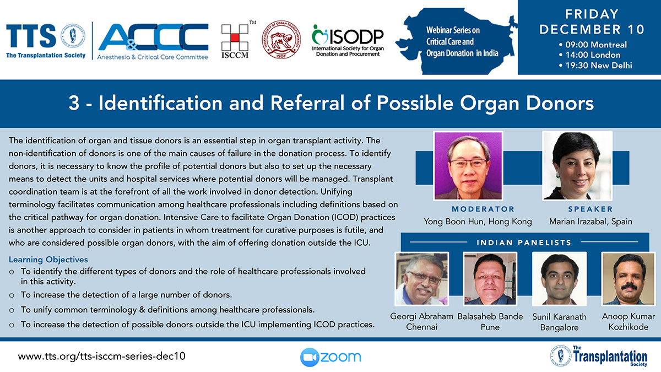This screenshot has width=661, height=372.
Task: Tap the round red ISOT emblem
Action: (281, 40)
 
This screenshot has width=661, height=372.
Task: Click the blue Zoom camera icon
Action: (310, 357)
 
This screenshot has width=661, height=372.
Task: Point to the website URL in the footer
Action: (101, 356)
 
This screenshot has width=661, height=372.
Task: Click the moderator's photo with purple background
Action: (468, 166)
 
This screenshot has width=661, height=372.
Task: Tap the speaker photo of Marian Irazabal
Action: (577, 166)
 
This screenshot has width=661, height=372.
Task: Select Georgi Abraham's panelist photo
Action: (422, 279)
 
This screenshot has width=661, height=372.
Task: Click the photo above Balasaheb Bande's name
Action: (490, 279)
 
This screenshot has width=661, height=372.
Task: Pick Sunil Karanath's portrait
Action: (559, 279)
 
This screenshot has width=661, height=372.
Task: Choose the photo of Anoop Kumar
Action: (629, 279)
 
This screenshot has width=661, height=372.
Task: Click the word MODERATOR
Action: (483, 209)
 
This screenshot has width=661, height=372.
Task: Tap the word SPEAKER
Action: (590, 209)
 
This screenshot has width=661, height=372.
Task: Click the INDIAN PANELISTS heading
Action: (524, 242)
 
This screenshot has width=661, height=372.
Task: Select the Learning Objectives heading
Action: (48, 260)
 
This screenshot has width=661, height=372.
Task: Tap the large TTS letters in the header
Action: (31, 36)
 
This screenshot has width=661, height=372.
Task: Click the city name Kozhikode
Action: (629, 327)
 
